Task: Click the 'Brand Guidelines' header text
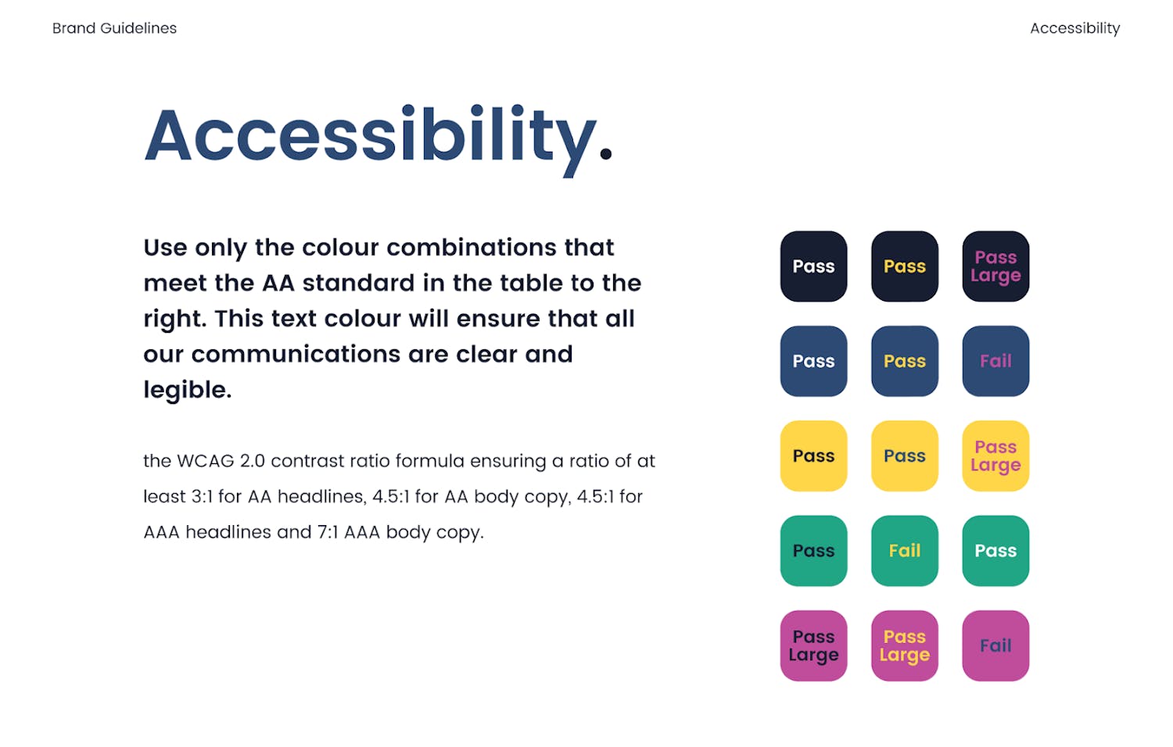(x=114, y=27)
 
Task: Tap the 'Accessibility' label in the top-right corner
(x=1075, y=27)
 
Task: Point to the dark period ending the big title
(x=606, y=152)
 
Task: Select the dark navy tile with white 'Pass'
(x=813, y=266)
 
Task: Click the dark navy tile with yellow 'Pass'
(x=904, y=266)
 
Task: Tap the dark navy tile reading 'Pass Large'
(x=995, y=266)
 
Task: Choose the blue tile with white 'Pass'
(x=813, y=361)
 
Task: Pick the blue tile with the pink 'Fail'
(x=995, y=361)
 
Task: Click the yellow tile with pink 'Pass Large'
(x=995, y=456)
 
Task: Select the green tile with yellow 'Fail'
(x=904, y=551)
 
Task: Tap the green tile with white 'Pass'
(x=995, y=551)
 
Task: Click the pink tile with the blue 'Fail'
(x=995, y=645)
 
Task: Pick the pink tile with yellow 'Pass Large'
(x=904, y=645)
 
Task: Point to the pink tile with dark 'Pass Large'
(x=813, y=645)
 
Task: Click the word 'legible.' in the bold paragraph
(x=188, y=390)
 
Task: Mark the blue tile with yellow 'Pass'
(x=904, y=361)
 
